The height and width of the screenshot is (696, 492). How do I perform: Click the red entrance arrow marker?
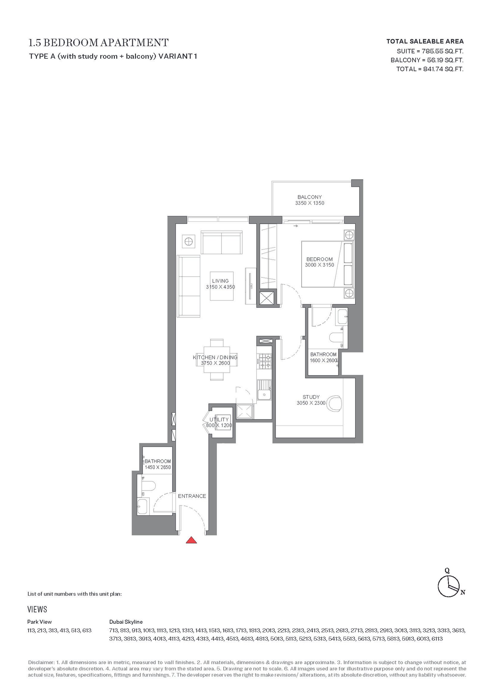(191, 540)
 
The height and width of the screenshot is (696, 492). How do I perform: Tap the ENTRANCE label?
(192, 496)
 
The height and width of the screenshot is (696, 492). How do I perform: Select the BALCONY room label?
(309, 197)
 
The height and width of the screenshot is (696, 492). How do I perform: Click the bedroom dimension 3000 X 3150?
(319, 265)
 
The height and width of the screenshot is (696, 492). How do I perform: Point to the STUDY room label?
(311, 397)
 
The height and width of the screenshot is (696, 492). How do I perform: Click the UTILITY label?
(219, 420)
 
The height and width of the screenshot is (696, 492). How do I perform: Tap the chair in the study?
(334, 403)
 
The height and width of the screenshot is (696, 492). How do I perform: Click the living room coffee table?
(221, 286)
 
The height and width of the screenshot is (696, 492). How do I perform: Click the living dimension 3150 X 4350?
(220, 287)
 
